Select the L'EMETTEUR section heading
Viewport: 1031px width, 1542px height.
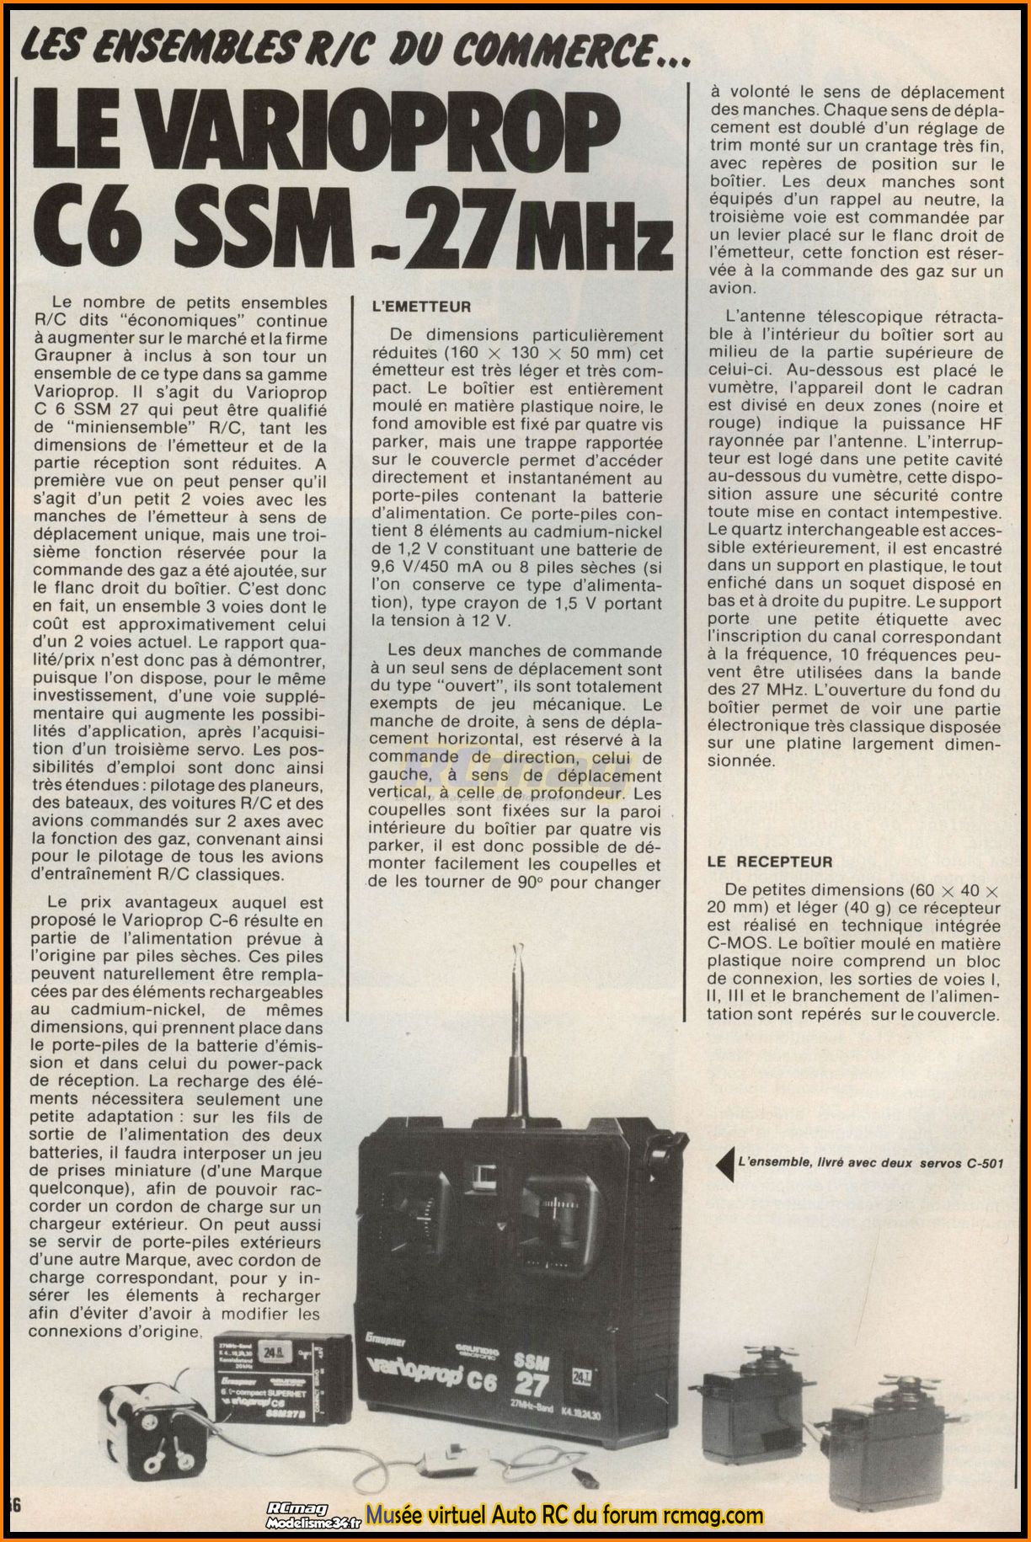click(421, 307)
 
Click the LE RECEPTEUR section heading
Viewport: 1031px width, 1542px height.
click(769, 862)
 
